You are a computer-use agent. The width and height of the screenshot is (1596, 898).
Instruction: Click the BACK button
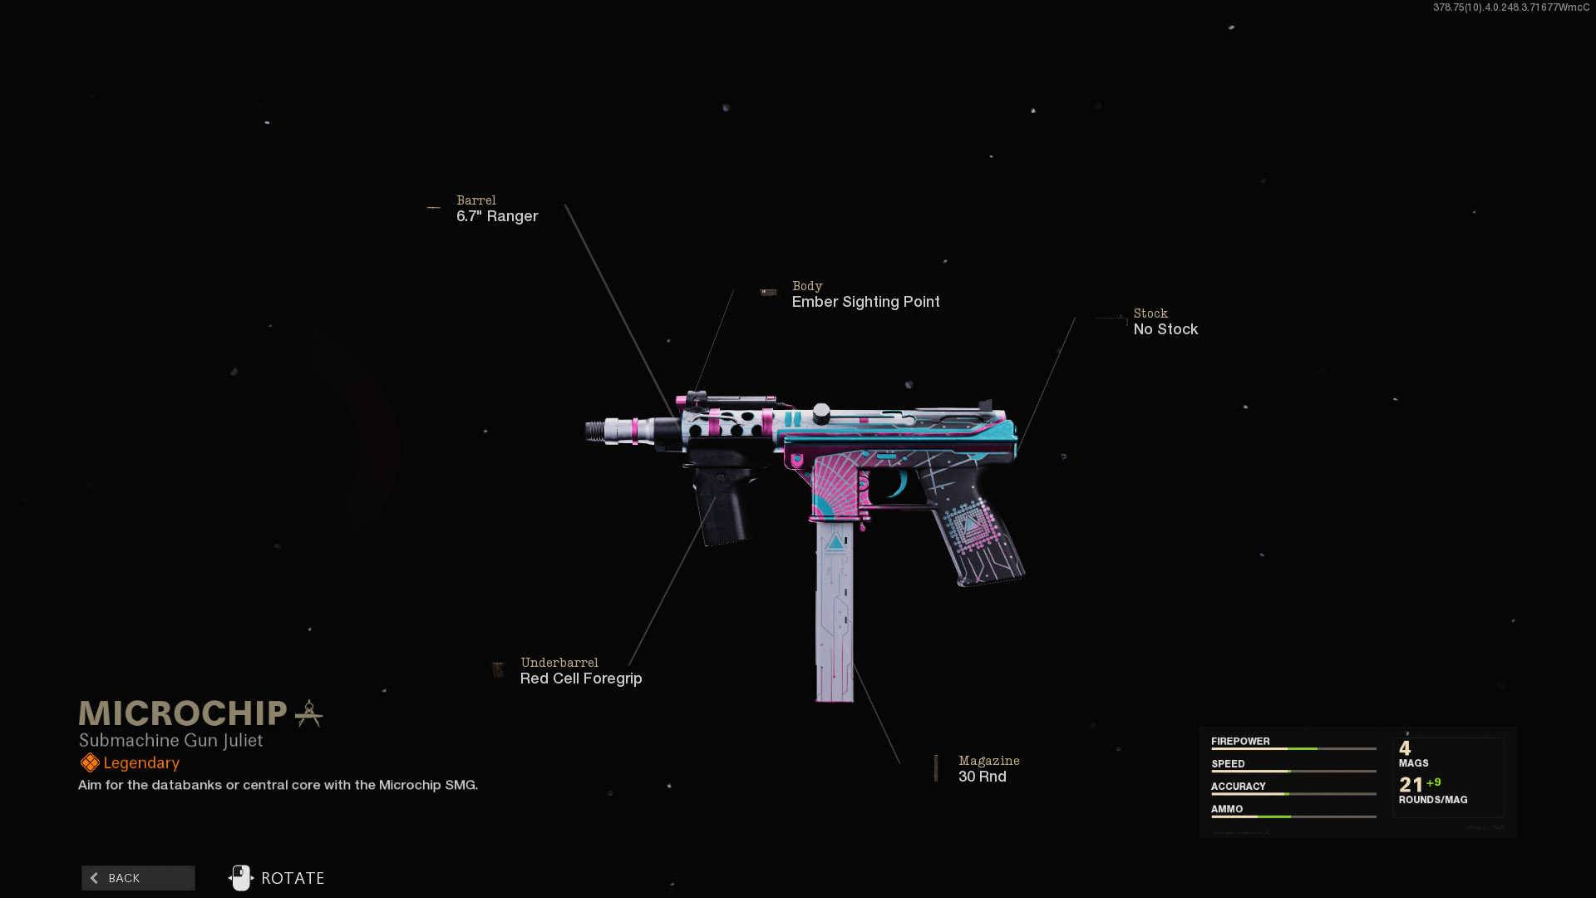tap(138, 878)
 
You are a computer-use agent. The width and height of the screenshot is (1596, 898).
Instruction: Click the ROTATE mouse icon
tap(241, 878)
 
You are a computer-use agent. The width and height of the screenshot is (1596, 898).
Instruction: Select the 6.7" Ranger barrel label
tap(497, 216)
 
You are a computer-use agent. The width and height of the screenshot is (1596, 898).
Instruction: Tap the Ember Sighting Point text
tap(865, 302)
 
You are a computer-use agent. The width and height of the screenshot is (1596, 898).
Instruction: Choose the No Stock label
tap(1165, 329)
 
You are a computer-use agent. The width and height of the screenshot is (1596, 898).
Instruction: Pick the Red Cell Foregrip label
tap(581, 678)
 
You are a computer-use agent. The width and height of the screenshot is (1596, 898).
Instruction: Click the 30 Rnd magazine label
tap(982, 777)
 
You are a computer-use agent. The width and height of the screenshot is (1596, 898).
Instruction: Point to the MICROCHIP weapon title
tap(183, 713)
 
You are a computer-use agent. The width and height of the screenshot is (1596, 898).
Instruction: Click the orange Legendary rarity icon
tap(90, 762)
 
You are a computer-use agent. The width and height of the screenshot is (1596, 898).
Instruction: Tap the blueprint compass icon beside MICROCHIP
tap(308, 713)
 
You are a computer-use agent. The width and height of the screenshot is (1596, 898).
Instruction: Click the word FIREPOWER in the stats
tap(1240, 741)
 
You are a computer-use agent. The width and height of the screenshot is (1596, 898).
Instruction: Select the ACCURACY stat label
tap(1238, 786)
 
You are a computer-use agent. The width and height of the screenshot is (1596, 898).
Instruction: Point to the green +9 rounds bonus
tap(1434, 782)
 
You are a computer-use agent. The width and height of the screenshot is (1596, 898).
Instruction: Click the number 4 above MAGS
tap(1405, 748)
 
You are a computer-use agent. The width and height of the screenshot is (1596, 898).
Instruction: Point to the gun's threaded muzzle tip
tap(594, 431)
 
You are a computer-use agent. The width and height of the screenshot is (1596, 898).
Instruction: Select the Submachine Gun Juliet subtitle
tap(170, 740)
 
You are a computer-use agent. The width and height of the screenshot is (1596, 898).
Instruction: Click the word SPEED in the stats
tap(1228, 763)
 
